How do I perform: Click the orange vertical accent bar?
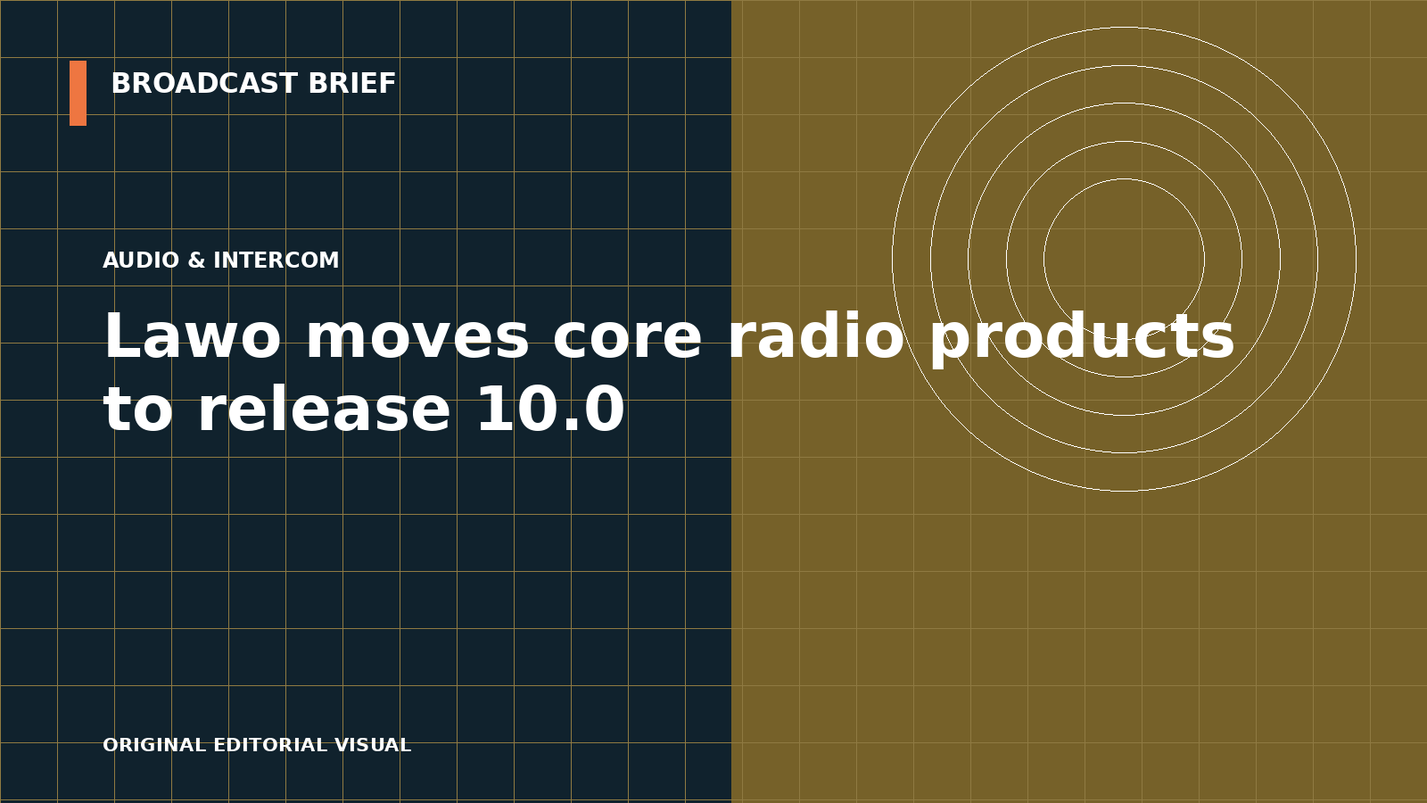[x=78, y=93]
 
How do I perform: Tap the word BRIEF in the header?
[x=351, y=84]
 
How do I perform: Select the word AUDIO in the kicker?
[x=141, y=260]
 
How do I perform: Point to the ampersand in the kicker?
[x=196, y=260]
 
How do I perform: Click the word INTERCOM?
[x=276, y=260]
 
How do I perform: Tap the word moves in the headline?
[x=417, y=335]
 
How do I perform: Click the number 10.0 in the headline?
[x=551, y=409]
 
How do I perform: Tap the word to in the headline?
[x=138, y=409]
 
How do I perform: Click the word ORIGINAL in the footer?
[x=154, y=744]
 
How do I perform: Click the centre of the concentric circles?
[x=1124, y=259]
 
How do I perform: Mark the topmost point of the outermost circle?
[x=1124, y=27]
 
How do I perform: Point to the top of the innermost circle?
[x=1124, y=179]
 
